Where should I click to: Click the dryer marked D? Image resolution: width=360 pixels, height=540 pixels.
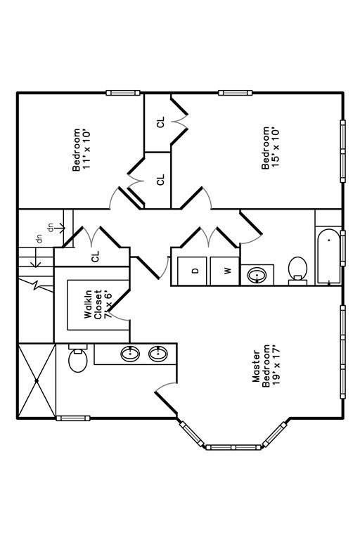coord(192,271)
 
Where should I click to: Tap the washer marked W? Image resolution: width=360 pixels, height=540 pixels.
coord(224,271)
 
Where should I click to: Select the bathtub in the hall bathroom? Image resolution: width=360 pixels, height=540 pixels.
coord(328,256)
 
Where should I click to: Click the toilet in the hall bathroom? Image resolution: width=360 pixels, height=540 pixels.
coord(297,271)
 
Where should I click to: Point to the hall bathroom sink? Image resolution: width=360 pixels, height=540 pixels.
coord(257,275)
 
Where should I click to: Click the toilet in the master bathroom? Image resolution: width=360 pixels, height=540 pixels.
coord(78,358)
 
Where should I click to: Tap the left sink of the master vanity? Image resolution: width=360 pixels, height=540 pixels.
coord(130,354)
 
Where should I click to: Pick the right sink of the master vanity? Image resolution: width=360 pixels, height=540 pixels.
coord(158,354)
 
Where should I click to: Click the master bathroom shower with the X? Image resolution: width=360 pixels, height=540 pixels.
coord(37,380)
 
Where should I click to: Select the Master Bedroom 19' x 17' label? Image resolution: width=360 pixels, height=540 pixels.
coord(266,366)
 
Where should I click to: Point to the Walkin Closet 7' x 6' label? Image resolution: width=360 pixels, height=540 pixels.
coord(98,304)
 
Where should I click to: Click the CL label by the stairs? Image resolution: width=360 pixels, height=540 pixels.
coord(96,256)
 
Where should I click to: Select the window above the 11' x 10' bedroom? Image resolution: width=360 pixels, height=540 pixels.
coord(123,93)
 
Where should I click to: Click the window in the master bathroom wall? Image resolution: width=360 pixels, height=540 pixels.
coord(73,418)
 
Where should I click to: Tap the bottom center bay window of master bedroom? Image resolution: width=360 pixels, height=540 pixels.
coord(233,447)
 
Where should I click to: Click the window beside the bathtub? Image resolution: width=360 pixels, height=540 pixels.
coord(343,248)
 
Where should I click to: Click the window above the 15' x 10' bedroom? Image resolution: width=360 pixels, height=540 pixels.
coord(236,93)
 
